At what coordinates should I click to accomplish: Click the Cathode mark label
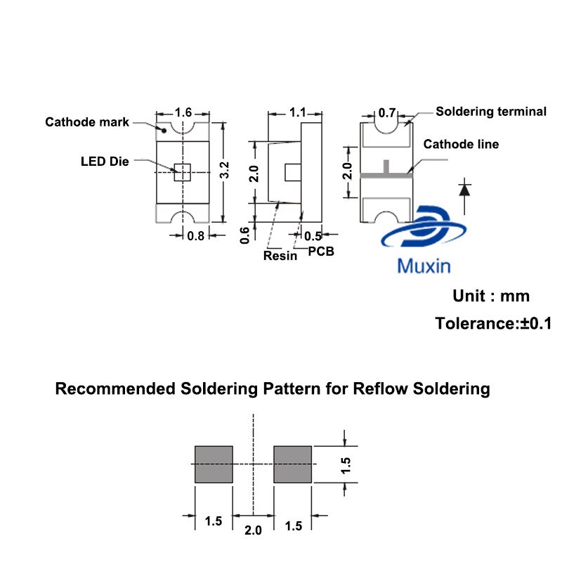pyautogui.click(x=87, y=122)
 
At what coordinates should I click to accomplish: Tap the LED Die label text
pyautogui.click(x=105, y=162)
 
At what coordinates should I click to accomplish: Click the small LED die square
pyautogui.click(x=183, y=172)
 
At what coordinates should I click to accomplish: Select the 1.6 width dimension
pyautogui.click(x=183, y=112)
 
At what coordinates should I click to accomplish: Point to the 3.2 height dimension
pyautogui.click(x=224, y=171)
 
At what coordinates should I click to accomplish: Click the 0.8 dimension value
pyautogui.click(x=195, y=236)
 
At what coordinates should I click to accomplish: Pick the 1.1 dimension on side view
pyautogui.click(x=297, y=112)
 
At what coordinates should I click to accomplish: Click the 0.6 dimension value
pyautogui.click(x=245, y=234)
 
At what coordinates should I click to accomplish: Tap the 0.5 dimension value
pyautogui.click(x=313, y=236)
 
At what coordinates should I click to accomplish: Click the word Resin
pyautogui.click(x=280, y=256)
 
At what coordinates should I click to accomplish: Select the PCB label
pyautogui.click(x=320, y=251)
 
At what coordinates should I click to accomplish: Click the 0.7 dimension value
pyautogui.click(x=387, y=112)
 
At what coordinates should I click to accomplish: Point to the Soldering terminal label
pyautogui.click(x=491, y=111)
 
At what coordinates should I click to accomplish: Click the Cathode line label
pyautogui.click(x=461, y=144)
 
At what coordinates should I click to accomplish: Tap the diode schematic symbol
pyautogui.click(x=464, y=189)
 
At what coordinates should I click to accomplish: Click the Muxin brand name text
pyautogui.click(x=424, y=266)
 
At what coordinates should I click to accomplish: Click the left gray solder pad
pyautogui.click(x=213, y=464)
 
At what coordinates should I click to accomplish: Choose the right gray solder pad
pyautogui.click(x=292, y=464)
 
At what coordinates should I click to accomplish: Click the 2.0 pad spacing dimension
pyautogui.click(x=253, y=530)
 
